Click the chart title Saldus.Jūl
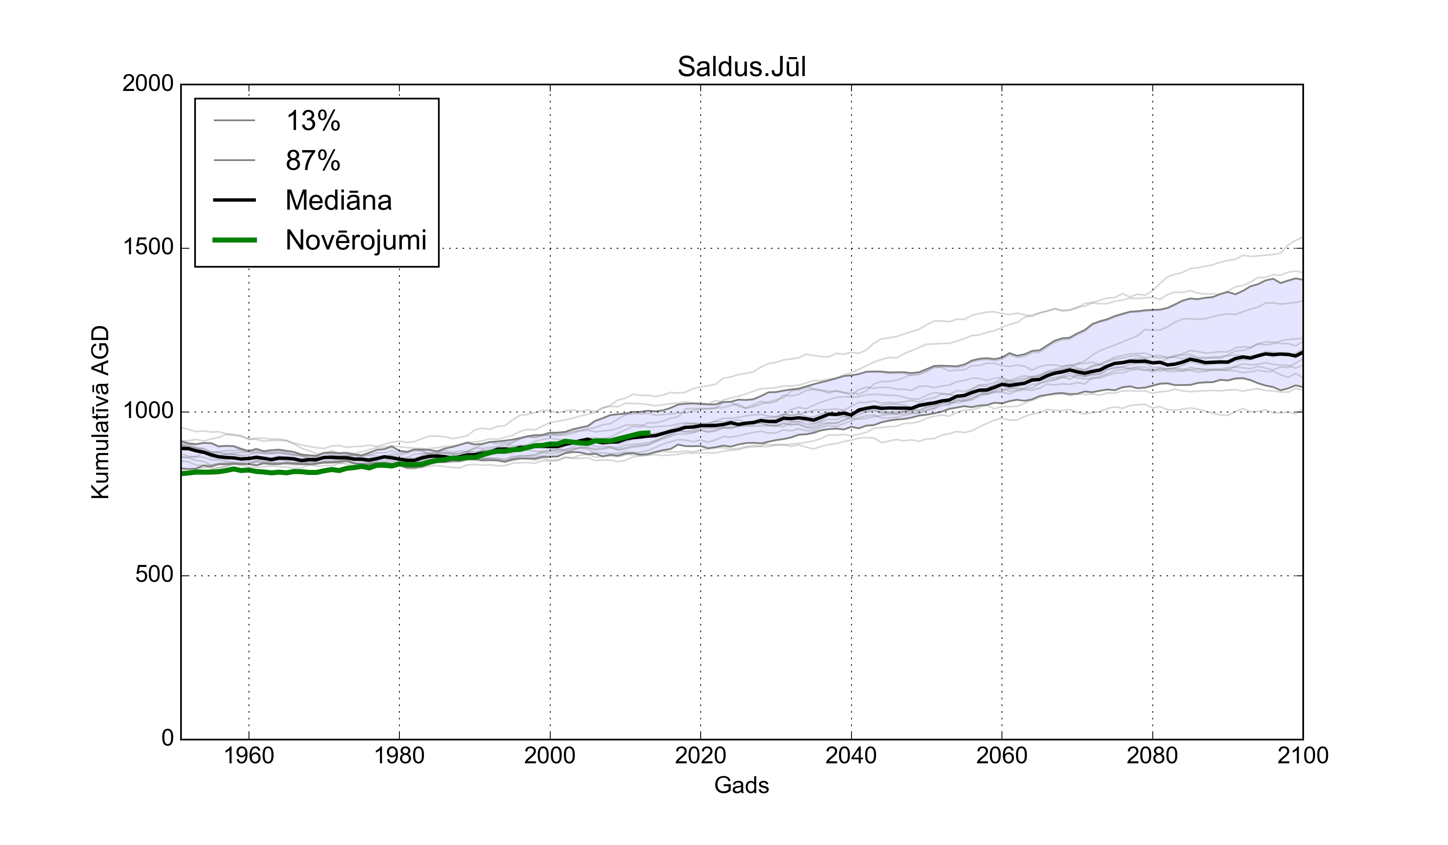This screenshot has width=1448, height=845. point(741,67)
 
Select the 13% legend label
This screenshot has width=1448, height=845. point(313,121)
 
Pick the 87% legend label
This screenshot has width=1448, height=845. point(313,161)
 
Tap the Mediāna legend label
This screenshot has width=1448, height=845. point(338,200)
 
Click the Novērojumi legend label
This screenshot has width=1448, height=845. point(356,240)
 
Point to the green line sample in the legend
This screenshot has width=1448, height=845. point(234,240)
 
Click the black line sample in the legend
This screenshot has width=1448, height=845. point(234,200)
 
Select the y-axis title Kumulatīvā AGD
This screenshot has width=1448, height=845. point(100,412)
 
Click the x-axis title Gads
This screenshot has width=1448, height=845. point(741,785)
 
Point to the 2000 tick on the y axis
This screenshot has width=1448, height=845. point(148,84)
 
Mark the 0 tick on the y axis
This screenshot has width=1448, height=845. point(168,738)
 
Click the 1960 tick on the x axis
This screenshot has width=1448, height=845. point(249,755)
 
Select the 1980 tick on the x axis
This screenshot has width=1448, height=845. point(399,755)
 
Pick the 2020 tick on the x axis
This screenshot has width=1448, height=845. point(700,755)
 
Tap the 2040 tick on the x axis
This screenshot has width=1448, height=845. point(851,755)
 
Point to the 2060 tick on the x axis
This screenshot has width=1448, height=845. point(1002,755)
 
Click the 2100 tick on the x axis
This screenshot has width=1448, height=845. point(1303,755)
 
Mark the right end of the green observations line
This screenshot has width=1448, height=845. point(649,433)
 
